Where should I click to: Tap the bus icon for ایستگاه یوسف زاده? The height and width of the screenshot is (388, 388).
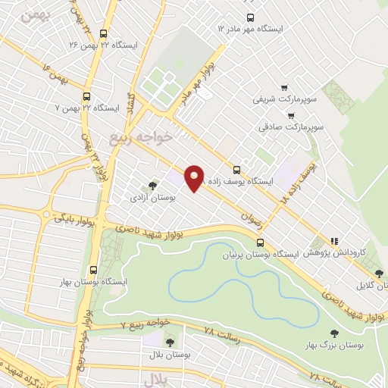click(236, 170)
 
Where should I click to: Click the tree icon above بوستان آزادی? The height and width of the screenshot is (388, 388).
click(152, 184)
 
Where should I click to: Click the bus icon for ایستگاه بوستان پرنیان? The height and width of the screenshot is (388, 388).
click(261, 242)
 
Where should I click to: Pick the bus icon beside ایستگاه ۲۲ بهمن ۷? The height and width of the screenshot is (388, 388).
click(86, 97)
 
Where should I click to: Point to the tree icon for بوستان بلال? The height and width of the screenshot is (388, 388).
click(168, 343)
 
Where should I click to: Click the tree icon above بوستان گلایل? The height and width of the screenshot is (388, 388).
click(379, 274)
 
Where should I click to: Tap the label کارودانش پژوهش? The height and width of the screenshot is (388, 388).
click(339, 252)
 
